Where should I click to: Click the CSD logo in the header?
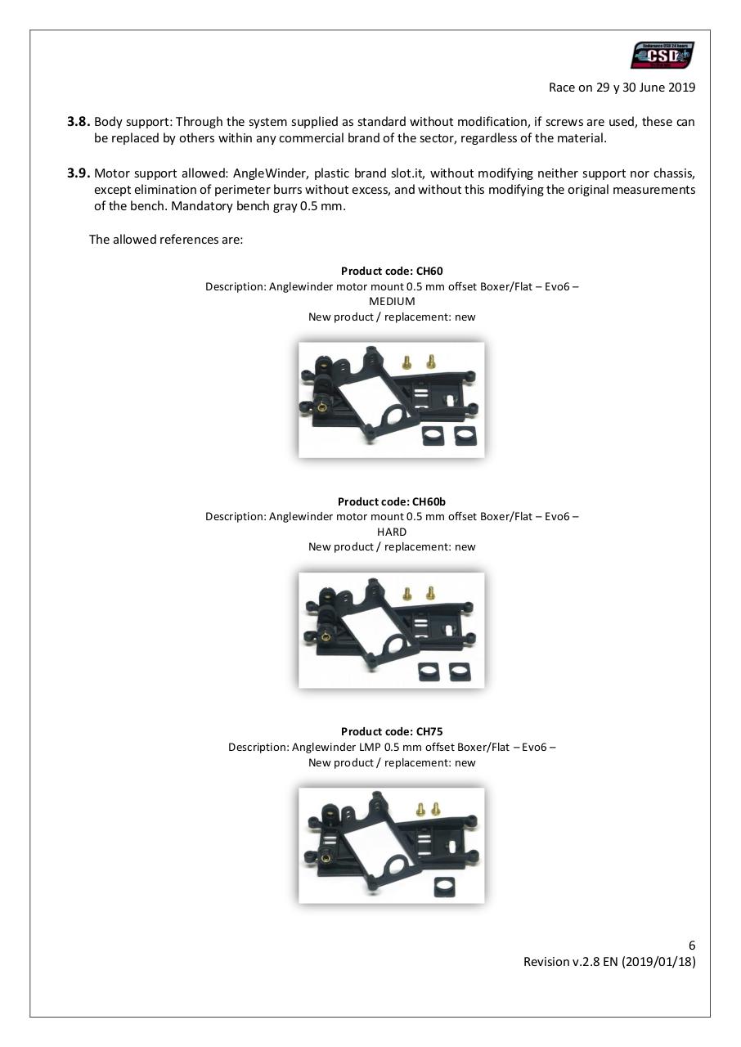pyautogui.click(x=662, y=56)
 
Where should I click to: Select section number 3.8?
pyautogui.click(x=79, y=122)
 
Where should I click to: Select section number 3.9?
pyautogui.click(x=79, y=173)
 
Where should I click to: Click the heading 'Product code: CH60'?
pyautogui.click(x=392, y=271)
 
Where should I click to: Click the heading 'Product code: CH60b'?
pyautogui.click(x=392, y=501)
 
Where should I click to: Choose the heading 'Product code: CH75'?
pyautogui.click(x=392, y=731)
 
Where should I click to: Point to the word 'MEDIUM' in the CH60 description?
pyautogui.click(x=392, y=301)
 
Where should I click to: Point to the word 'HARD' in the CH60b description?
pyautogui.click(x=392, y=532)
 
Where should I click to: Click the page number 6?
pyautogui.click(x=692, y=946)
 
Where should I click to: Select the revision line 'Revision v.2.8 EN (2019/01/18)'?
pyautogui.click(x=609, y=962)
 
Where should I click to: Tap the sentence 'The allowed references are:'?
pyautogui.click(x=166, y=240)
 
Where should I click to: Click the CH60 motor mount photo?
pyautogui.click(x=391, y=399)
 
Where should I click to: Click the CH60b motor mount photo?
pyautogui.click(x=391, y=629)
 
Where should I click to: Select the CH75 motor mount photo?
pyautogui.click(x=391, y=845)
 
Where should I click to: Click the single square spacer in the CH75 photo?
pyautogui.click(x=444, y=883)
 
